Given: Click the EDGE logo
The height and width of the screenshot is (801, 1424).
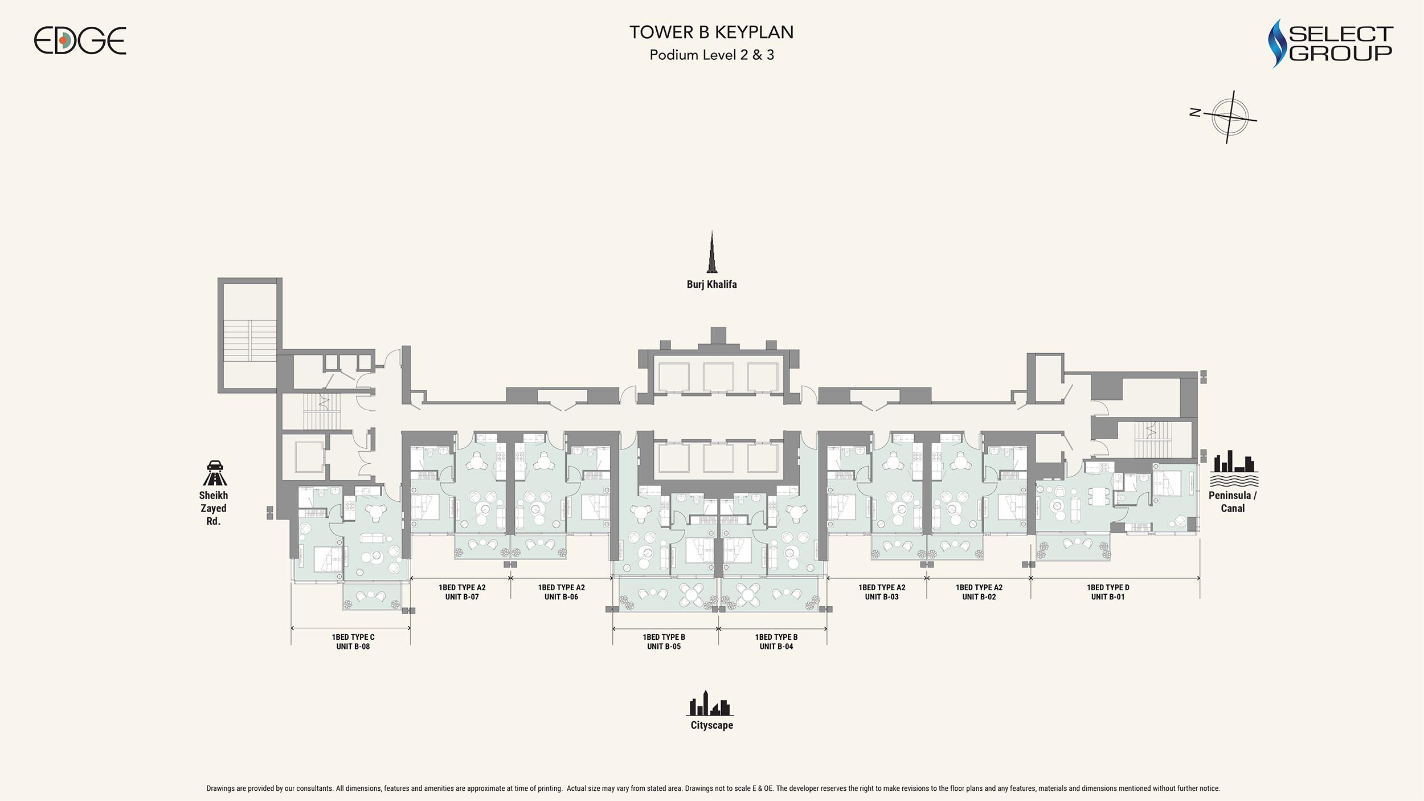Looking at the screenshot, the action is click(80, 41).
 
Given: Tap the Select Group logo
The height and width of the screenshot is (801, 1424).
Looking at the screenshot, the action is click(1331, 43).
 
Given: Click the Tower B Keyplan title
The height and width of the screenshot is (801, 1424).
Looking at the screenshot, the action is click(711, 32).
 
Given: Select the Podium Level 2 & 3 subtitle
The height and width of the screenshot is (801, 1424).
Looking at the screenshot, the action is click(711, 55).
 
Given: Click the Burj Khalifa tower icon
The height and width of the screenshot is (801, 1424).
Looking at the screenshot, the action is click(711, 252).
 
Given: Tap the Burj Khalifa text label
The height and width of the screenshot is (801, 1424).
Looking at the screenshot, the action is click(711, 284).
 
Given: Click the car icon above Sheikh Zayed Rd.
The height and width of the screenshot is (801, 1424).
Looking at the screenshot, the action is click(214, 473).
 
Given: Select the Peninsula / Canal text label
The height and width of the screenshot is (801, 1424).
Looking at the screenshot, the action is click(1233, 502).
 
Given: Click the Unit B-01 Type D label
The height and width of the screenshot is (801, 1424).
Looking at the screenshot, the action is click(1108, 592).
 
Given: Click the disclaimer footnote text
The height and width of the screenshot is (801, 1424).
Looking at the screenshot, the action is click(713, 788).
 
